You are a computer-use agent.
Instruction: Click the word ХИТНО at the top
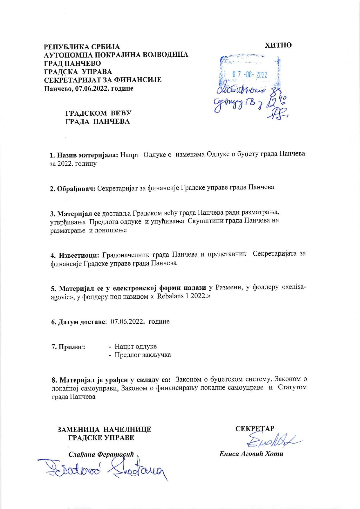pos(278,45)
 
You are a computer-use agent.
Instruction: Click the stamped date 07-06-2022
pos(249,75)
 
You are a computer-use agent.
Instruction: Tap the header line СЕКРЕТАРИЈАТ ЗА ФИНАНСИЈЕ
pos(102,80)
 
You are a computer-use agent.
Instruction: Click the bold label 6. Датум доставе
pos(78,322)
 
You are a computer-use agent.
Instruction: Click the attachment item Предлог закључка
pos(142,355)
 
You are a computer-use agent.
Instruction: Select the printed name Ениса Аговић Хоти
pos(251,454)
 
